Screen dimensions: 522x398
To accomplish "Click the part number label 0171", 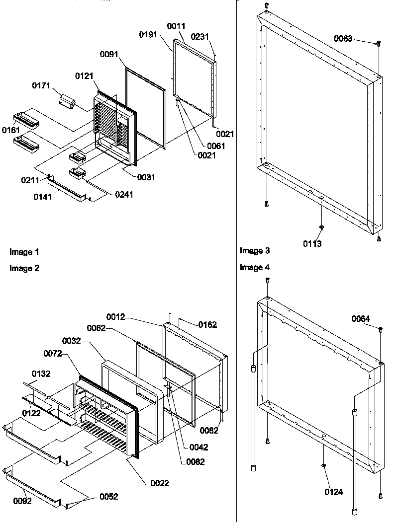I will click(41, 86).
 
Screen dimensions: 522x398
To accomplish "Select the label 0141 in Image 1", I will click(42, 198).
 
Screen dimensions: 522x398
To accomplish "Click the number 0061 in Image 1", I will click(216, 146).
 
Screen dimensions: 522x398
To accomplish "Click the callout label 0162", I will click(208, 325).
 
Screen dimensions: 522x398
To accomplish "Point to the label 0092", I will click(22, 501).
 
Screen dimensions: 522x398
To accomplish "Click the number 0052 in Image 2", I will click(109, 497).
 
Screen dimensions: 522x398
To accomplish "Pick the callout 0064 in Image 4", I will click(361, 318).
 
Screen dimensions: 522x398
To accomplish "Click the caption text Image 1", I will click(24, 252).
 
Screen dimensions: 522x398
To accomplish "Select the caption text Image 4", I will click(255, 267).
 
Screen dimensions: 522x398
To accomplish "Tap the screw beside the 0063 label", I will click(378, 44).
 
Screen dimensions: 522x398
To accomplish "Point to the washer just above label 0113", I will click(321, 227).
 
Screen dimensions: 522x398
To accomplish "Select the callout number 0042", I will click(199, 447).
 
